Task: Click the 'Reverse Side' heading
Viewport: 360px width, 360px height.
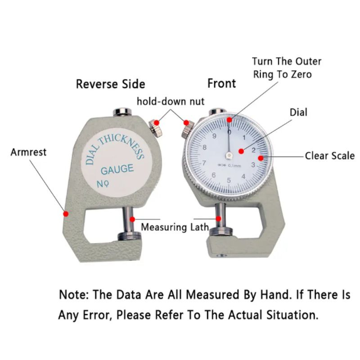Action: [110, 84]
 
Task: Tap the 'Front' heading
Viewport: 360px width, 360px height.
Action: [221, 83]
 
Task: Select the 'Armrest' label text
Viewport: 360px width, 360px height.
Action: [28, 152]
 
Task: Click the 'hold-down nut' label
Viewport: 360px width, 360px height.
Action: [171, 101]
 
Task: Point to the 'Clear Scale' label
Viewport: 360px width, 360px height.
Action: [330, 156]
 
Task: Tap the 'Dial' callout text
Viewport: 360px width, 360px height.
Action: [299, 112]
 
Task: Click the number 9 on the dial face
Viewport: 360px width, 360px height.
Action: [214, 136]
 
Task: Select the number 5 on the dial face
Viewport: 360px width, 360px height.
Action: [229, 181]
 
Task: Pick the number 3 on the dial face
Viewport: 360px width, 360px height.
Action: [253, 165]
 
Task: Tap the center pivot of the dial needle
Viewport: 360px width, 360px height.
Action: [229, 156]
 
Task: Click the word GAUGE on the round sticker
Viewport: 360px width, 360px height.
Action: [117, 170]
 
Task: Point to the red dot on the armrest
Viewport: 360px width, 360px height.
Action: [66, 213]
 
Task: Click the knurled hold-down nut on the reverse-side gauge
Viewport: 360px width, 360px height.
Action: [156, 128]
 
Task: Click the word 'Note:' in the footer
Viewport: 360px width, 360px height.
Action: [74, 295]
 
